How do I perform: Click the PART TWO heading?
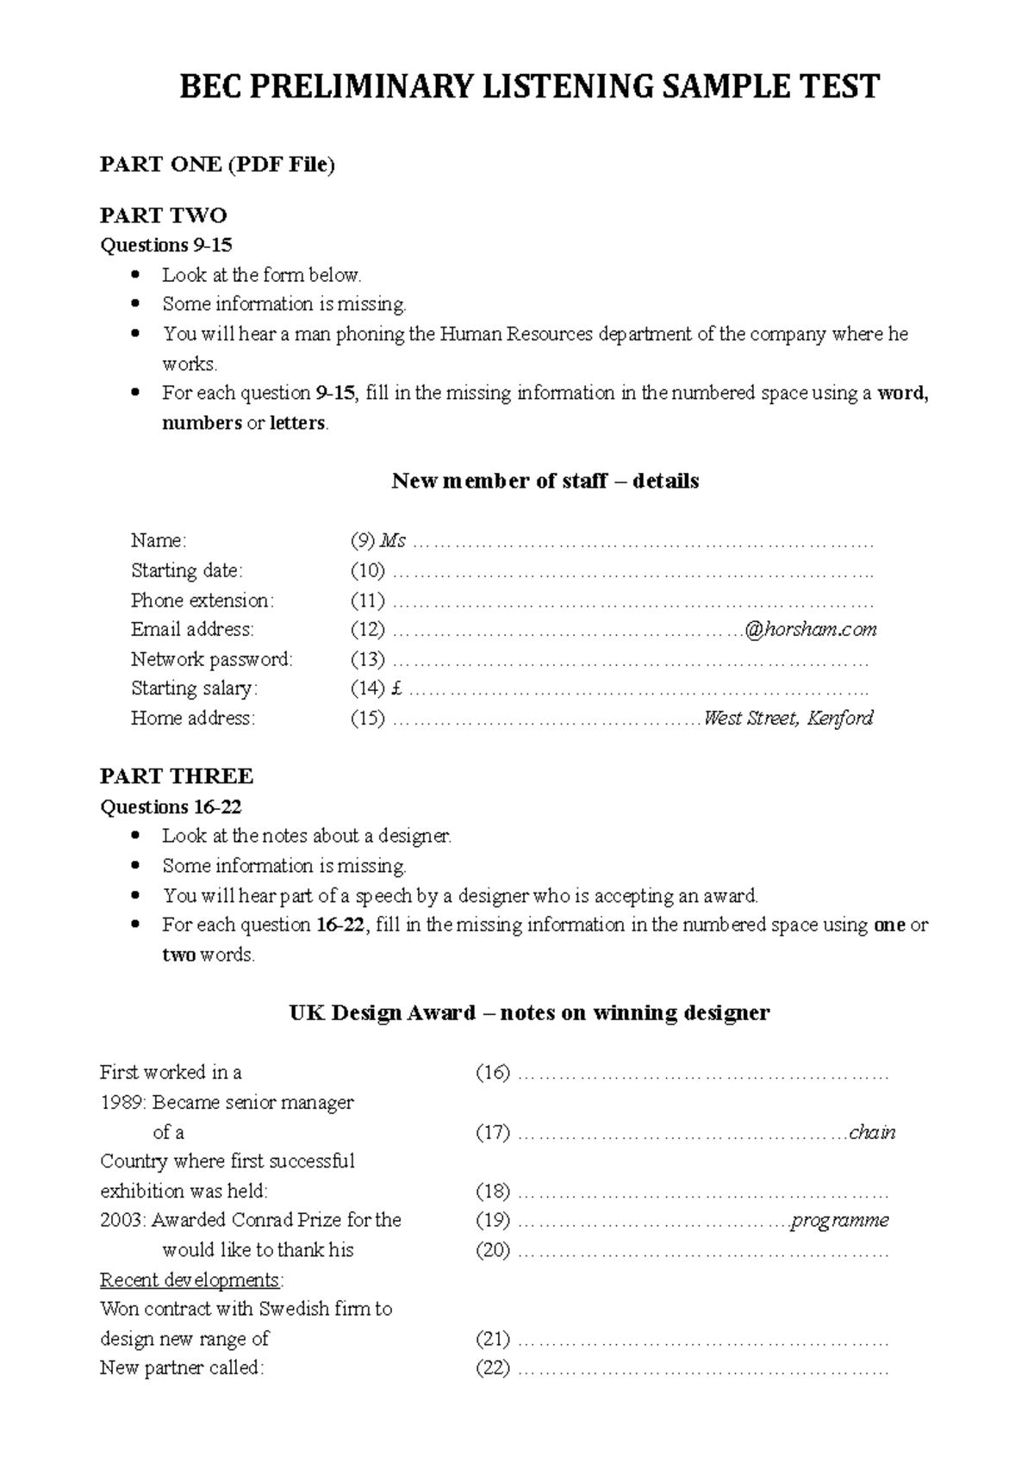163,215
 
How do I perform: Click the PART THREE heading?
176,776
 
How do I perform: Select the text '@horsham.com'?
810,630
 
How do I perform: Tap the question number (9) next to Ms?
362,541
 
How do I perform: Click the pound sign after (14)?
396,688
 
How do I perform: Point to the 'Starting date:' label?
187,570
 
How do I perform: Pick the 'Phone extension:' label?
202,600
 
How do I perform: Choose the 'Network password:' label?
212,659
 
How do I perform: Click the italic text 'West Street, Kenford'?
788,718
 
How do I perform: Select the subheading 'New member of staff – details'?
545,481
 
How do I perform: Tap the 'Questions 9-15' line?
166,246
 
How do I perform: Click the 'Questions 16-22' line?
171,806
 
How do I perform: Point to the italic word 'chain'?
872,1132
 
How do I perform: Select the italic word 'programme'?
840,1220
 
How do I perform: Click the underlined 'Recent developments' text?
190,1279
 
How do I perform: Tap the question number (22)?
493,1367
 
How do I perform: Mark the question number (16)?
493,1073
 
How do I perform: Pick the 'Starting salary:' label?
194,688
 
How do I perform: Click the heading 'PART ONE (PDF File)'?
217,165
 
